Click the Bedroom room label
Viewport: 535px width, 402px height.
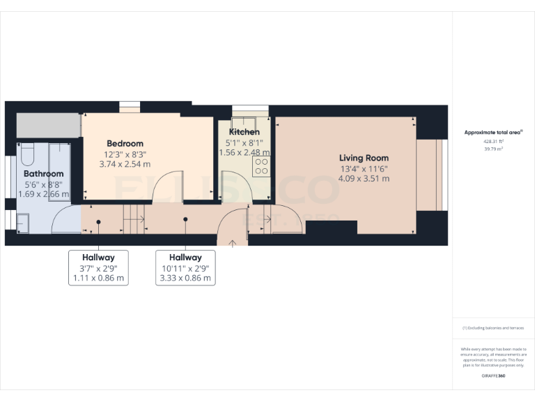pos(125,144)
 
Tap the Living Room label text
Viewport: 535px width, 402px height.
pos(364,158)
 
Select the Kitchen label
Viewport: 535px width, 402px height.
pos(245,132)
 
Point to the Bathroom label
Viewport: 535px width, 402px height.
pos(43,174)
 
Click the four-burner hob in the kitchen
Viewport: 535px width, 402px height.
pos(261,166)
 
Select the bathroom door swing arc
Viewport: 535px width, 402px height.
pos(66,220)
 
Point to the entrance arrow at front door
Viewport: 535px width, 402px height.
pos(233,242)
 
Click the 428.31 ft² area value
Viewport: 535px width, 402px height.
pos(493,141)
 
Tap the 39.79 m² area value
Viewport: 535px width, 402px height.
pos(493,148)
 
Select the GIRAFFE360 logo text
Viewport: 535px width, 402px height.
pos(493,376)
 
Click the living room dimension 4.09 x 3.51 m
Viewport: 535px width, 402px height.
pos(364,179)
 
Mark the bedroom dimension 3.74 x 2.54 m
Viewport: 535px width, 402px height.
pos(125,164)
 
